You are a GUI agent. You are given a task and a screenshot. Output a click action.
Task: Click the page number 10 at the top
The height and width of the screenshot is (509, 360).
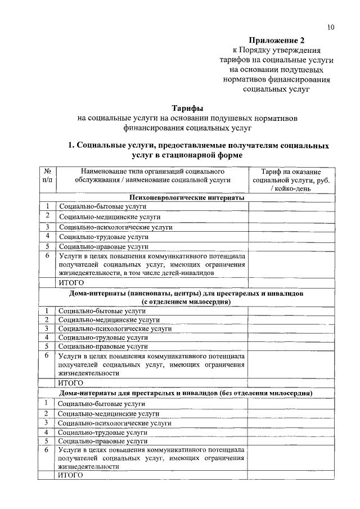point(330,27)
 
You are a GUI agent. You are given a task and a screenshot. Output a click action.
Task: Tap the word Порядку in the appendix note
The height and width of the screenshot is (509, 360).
point(262,51)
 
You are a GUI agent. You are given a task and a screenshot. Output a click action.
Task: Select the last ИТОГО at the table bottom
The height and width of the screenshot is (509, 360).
point(70,476)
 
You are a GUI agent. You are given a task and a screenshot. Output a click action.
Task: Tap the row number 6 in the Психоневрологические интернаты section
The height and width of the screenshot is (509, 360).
point(48,255)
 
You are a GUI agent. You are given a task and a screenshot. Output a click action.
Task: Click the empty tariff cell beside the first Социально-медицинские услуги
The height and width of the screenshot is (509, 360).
point(291,217)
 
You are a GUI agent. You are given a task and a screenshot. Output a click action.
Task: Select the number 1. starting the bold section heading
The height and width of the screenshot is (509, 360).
point(71,146)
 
